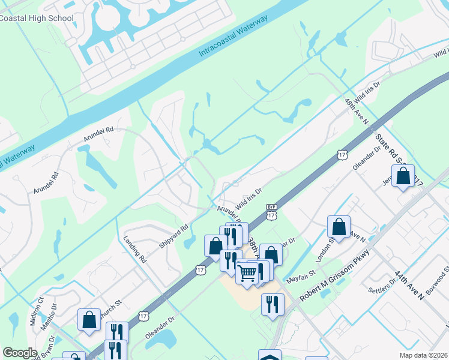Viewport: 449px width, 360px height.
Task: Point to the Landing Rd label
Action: coord(135,251)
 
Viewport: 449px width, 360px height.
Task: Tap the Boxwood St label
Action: coord(438,281)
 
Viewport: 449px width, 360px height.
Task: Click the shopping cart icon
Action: coord(247,274)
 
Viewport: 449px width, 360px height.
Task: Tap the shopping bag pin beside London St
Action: coord(339,227)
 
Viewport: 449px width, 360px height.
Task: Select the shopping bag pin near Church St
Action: coord(89,320)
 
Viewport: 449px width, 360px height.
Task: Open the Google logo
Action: coord(20,353)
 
